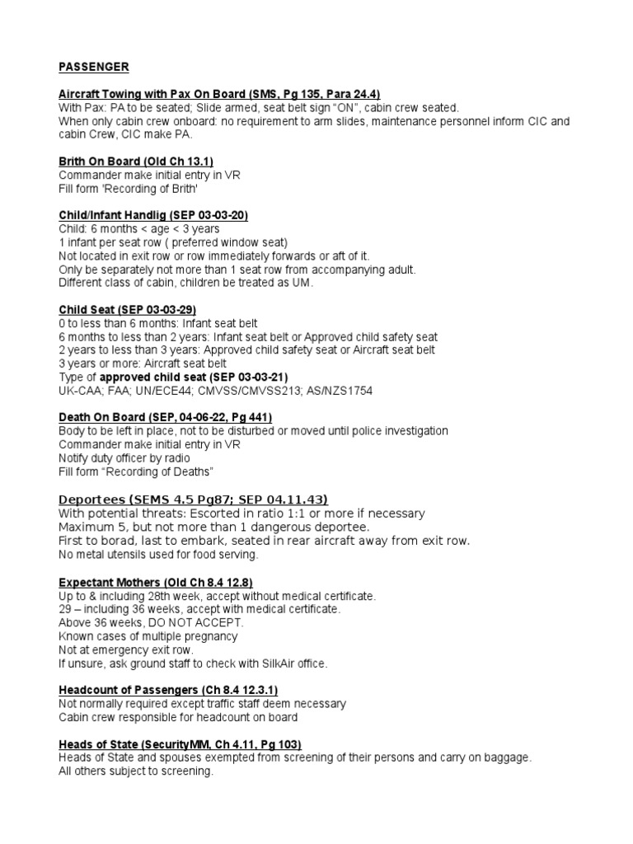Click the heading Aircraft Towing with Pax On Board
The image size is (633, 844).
pyautogui.click(x=219, y=94)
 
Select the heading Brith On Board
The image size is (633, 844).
pyautogui.click(x=136, y=162)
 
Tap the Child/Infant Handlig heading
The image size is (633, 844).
pyautogui.click(x=153, y=215)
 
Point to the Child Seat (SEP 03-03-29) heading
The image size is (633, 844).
pyautogui.click(x=127, y=310)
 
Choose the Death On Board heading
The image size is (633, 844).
pyautogui.click(x=165, y=417)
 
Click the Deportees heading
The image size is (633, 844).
pyautogui.click(x=193, y=499)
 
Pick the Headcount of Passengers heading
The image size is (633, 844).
pyautogui.click(x=172, y=690)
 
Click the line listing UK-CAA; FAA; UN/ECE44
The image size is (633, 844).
pyautogui.click(x=215, y=390)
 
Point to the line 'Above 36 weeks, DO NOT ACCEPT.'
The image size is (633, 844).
pyautogui.click(x=151, y=622)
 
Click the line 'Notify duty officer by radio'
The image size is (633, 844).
pyautogui.click(x=124, y=457)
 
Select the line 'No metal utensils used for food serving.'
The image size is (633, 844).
pyautogui.click(x=157, y=555)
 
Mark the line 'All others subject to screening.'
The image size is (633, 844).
pyautogui.click(x=136, y=771)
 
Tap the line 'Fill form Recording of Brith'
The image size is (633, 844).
pyautogui.click(x=128, y=188)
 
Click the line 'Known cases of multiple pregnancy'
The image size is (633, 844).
pyautogui.click(x=148, y=636)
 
